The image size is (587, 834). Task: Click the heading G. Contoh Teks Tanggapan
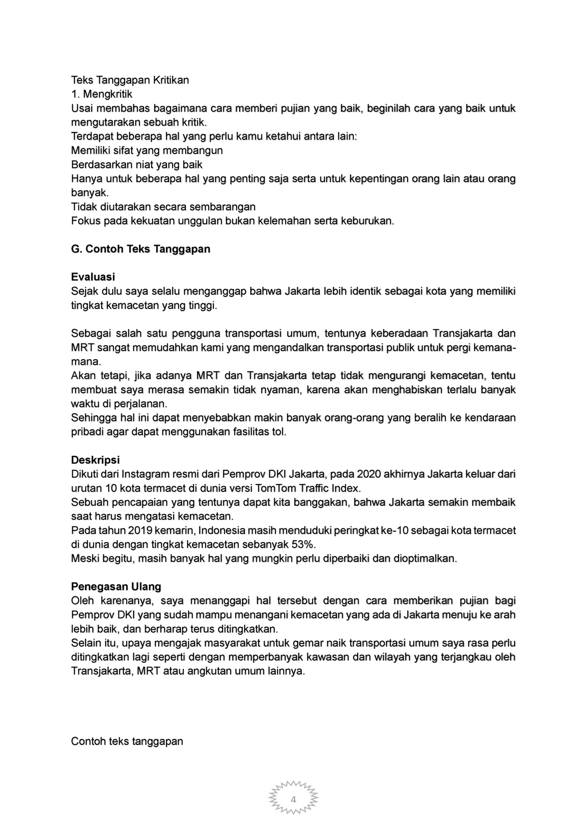click(x=141, y=249)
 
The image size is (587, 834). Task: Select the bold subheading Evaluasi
click(x=93, y=277)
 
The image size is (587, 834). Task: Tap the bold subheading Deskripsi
click(x=95, y=460)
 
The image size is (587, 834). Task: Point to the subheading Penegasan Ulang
click(x=116, y=586)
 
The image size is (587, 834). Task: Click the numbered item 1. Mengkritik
click(x=102, y=94)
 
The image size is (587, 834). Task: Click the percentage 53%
click(x=303, y=544)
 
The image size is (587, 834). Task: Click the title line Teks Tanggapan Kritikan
click(x=130, y=80)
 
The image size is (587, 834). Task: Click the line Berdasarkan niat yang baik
click(x=136, y=164)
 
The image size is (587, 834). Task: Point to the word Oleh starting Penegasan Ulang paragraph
click(x=83, y=601)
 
